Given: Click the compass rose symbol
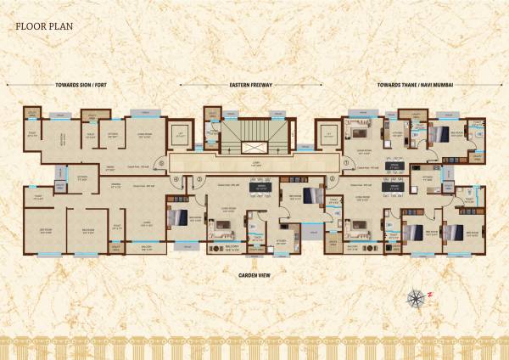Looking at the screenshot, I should [x=416, y=297].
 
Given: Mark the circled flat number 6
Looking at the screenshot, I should [x=175, y=180].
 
